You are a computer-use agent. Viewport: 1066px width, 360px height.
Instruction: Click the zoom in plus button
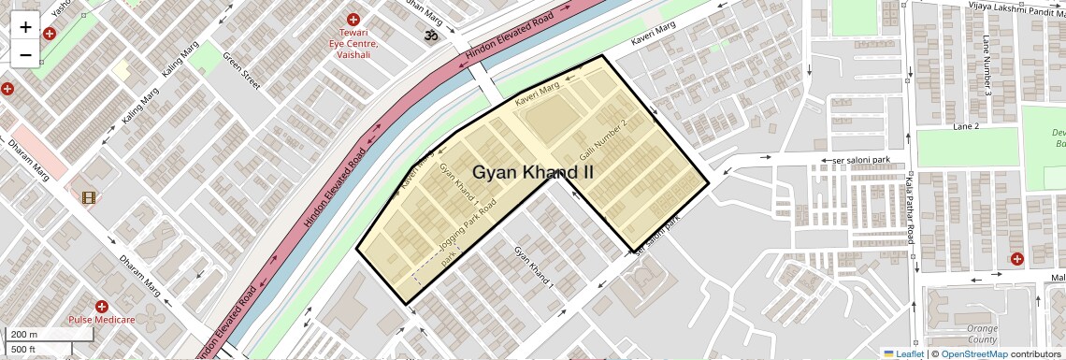coord(25,27)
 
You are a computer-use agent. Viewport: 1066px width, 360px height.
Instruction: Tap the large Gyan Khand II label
coord(533,172)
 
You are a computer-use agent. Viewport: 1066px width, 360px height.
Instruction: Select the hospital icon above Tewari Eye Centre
coord(353,20)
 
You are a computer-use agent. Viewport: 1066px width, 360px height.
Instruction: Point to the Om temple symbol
coord(431,36)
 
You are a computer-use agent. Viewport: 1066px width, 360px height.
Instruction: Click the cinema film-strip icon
coord(89,197)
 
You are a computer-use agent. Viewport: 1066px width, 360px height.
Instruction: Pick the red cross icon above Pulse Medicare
coord(102,306)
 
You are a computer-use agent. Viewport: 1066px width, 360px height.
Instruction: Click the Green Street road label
coord(240,70)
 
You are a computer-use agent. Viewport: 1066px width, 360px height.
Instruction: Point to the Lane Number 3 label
coord(987,65)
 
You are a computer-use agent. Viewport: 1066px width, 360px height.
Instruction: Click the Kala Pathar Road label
coord(908,211)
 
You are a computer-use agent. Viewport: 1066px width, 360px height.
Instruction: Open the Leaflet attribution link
coord(903,353)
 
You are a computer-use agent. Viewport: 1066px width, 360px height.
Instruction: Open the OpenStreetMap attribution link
coord(973,353)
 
